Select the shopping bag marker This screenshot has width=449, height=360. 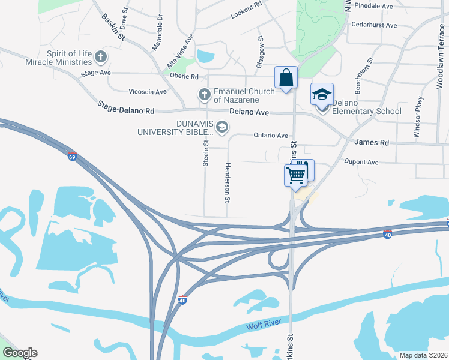(286, 77)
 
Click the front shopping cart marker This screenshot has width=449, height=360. (295, 175)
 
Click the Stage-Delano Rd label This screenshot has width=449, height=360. (126, 107)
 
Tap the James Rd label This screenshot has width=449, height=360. (372, 142)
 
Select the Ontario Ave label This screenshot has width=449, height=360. (270, 136)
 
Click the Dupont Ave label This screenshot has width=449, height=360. (361, 162)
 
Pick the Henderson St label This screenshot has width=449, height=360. (228, 182)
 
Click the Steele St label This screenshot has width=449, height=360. (205, 153)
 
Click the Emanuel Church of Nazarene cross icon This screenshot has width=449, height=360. (205, 95)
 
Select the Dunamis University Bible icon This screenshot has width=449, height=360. (221, 127)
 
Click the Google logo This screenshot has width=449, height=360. (20, 353)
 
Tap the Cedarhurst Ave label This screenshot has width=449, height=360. (375, 25)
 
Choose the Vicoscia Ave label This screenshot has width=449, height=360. (147, 92)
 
